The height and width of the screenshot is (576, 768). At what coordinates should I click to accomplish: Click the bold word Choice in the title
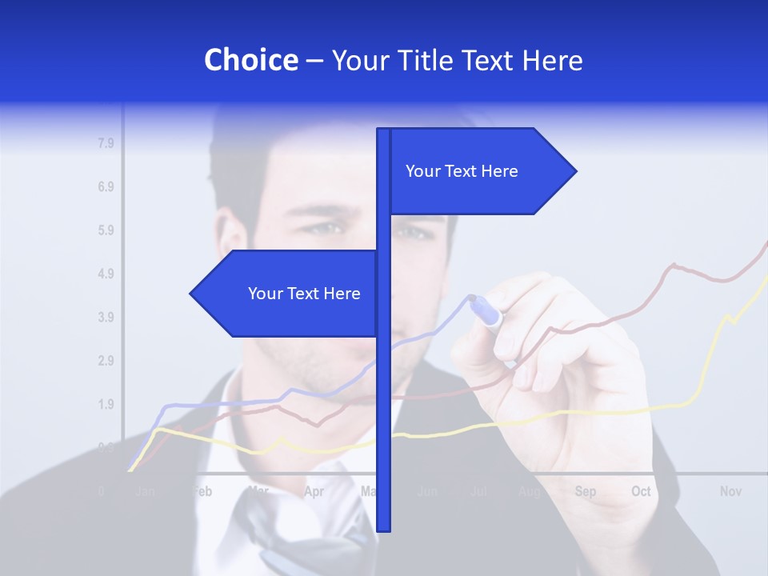coord(250,60)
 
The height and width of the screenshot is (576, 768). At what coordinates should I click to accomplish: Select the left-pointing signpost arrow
coord(288,294)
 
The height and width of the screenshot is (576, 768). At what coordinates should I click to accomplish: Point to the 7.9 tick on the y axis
coord(106,144)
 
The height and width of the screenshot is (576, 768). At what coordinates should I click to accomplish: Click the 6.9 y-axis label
coord(106,187)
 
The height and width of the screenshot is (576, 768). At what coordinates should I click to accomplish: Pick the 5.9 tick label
coord(106,230)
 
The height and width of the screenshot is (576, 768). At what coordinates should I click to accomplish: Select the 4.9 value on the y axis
coord(106,274)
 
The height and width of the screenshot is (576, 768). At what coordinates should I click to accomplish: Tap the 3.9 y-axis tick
coord(106,318)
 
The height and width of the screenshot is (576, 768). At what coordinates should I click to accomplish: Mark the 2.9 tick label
coord(106,361)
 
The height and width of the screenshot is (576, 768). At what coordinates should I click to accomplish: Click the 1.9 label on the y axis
coord(106,404)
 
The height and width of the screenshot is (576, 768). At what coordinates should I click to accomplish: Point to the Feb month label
coord(202,491)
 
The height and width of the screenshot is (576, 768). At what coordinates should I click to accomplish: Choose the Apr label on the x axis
coord(314,491)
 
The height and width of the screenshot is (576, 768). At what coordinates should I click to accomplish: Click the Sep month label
coord(586,491)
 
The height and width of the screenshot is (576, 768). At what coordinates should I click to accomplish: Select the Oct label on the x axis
coord(641,491)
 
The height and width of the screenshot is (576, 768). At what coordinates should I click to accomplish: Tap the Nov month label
coord(730,491)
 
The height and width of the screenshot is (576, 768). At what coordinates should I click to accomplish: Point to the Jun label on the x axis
coord(427,491)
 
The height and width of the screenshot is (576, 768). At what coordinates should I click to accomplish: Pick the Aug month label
coord(529,491)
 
